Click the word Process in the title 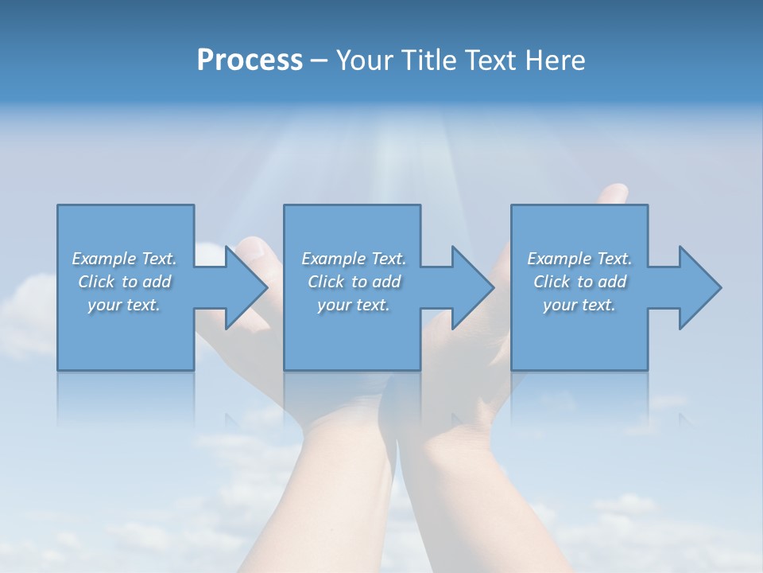coord(250,60)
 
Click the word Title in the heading coord(429,60)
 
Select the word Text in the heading coord(490,60)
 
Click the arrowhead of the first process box coord(247,287)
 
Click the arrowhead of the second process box coord(474,287)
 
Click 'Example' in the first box coord(103,259)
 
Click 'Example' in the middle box coord(333,259)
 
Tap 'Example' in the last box coord(559,259)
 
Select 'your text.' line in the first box coord(124,305)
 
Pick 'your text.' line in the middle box coord(353,305)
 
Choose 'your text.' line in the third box coord(579,305)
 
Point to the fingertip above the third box coord(613,193)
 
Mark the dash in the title coord(320,60)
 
